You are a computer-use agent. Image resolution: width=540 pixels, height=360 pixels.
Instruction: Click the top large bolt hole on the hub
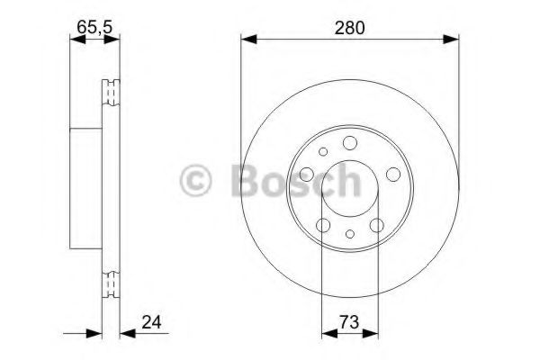[x=349, y=142]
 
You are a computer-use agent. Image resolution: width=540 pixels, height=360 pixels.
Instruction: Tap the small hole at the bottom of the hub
[x=349, y=236]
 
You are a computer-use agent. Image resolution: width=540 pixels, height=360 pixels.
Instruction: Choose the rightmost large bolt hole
[x=393, y=174]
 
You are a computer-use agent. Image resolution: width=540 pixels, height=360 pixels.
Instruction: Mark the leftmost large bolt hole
[x=307, y=174]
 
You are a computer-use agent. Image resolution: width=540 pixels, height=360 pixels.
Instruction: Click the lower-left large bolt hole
[x=322, y=225]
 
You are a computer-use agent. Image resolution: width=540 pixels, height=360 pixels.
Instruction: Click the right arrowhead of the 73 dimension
[x=371, y=334]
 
